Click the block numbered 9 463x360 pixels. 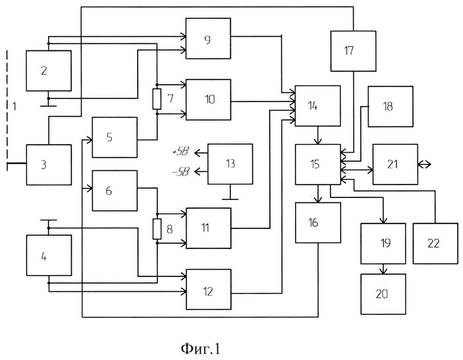coord(208,39)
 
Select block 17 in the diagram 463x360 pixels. coord(353,51)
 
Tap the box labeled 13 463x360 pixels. coord(230,164)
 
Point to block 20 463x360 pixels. coord(383,294)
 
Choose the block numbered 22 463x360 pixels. coord(435,243)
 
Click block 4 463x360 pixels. coord(49,255)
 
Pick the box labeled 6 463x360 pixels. coord(115,190)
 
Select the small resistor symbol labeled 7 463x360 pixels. coord(157,99)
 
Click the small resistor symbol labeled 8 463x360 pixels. coord(157,229)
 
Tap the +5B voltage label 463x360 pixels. coord(180,152)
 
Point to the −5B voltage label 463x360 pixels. coord(180,171)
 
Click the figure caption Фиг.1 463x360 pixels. coord(200,349)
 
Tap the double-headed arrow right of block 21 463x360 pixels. coord(424,164)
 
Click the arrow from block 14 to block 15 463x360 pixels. coord(318,135)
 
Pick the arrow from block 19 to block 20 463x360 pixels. coord(383,269)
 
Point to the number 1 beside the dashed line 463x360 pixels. coord(14,106)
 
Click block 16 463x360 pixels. coord(318,223)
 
